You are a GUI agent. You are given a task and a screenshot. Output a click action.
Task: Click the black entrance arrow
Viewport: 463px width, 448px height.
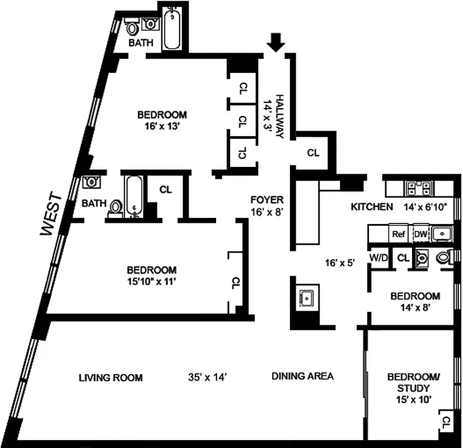tap(275, 41)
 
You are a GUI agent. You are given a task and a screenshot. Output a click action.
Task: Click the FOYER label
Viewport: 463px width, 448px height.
tap(267, 199)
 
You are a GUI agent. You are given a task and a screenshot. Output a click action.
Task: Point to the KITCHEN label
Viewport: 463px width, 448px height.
tap(371, 207)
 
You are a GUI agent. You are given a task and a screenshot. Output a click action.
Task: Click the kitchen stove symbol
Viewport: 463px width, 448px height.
tap(417, 188)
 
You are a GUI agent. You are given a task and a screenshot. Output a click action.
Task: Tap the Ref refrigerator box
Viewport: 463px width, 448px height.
tap(399, 234)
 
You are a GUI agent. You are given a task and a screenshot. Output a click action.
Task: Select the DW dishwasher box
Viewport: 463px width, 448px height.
tap(420, 234)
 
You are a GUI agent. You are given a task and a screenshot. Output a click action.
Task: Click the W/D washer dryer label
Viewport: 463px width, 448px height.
tap(378, 258)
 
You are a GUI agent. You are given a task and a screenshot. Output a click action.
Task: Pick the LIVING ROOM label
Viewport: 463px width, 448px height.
tap(110, 377)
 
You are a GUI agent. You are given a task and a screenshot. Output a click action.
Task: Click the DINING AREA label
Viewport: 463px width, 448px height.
tap(302, 376)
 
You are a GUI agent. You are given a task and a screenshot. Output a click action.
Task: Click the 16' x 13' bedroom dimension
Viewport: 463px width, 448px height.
tap(162, 125)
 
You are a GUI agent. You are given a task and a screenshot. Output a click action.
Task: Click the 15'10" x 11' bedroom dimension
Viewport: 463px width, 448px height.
tap(152, 280)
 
